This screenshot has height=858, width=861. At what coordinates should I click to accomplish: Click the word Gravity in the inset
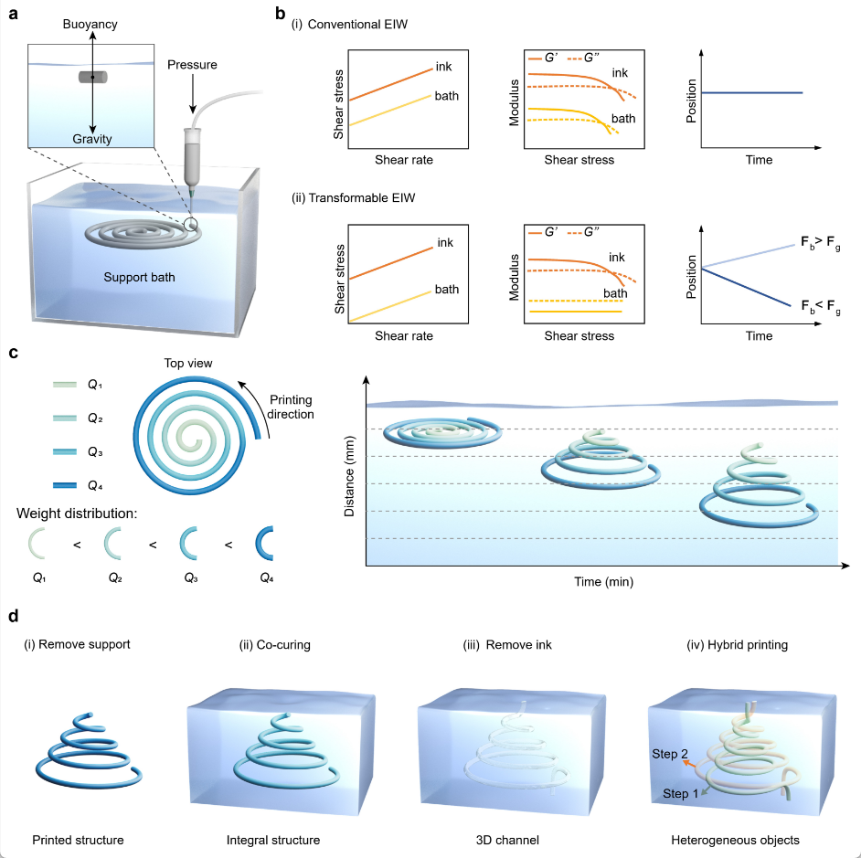pyautogui.click(x=92, y=139)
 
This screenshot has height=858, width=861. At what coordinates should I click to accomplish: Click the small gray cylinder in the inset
pyautogui.click(x=92, y=78)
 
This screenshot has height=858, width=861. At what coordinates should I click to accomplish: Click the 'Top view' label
pyautogui.click(x=189, y=364)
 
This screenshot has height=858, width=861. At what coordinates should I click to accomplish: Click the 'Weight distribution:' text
pyautogui.click(x=77, y=512)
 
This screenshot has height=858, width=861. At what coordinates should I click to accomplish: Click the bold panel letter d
pyautogui.click(x=13, y=618)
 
